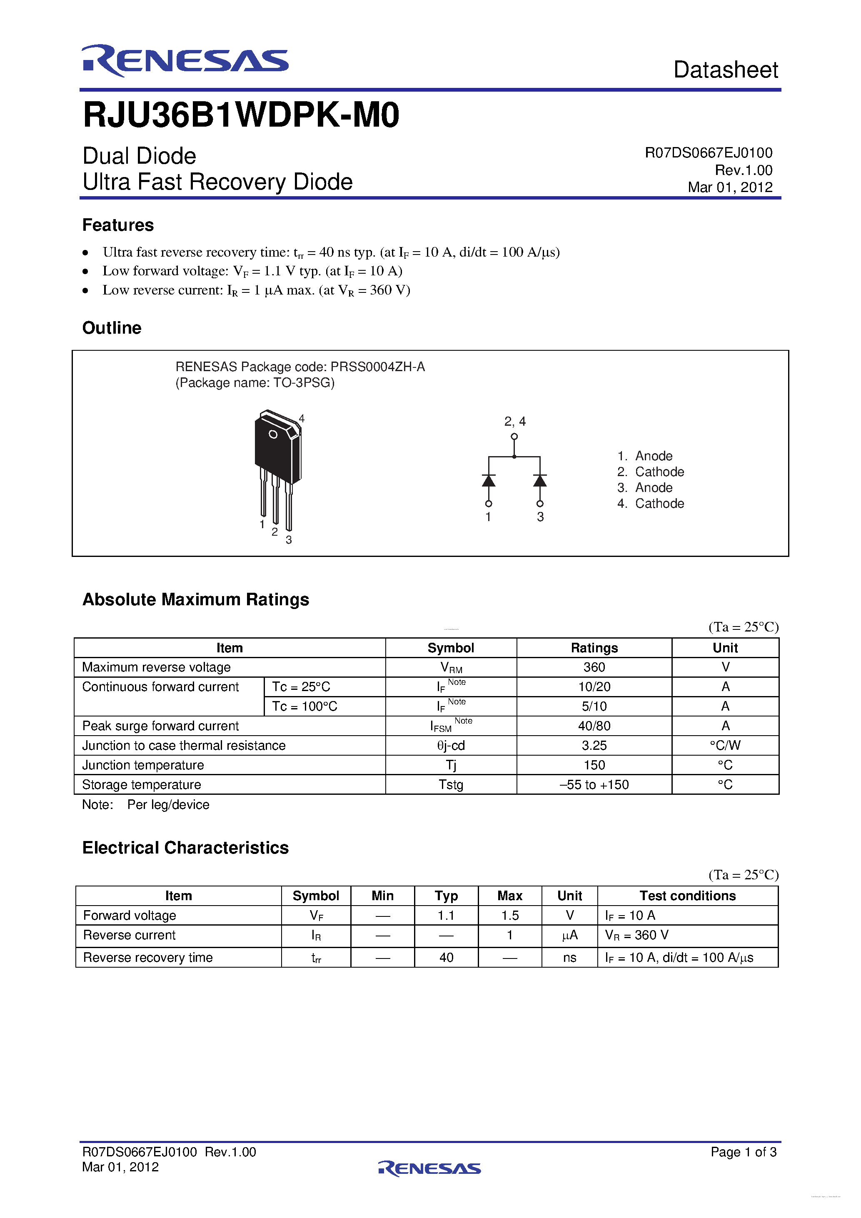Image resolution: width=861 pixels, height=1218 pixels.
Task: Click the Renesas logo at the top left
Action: pos(185,61)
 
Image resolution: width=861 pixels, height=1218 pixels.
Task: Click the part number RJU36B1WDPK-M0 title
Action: pos(241,115)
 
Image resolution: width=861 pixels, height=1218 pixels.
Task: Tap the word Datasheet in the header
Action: pos(725,70)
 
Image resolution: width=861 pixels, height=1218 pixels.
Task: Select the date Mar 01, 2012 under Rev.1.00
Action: pos(729,187)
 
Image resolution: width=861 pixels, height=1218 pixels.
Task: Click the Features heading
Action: pos(118,225)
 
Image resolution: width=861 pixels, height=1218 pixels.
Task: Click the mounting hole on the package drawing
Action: pos(273,434)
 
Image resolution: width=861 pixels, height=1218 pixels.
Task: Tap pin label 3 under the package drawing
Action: pos(289,540)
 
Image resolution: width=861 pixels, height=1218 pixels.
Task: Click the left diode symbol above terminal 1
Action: pos(489,481)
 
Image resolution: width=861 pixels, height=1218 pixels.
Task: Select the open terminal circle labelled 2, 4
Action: pos(514,437)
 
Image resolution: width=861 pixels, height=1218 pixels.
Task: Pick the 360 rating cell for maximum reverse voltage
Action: pos(594,667)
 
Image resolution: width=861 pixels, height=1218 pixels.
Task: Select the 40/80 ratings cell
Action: pos(594,726)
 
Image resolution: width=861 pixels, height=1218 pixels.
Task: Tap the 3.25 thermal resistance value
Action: pos(594,745)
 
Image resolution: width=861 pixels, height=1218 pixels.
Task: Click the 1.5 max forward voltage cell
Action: pos(509,916)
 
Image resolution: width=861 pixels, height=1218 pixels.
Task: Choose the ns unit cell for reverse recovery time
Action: pos(569,958)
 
